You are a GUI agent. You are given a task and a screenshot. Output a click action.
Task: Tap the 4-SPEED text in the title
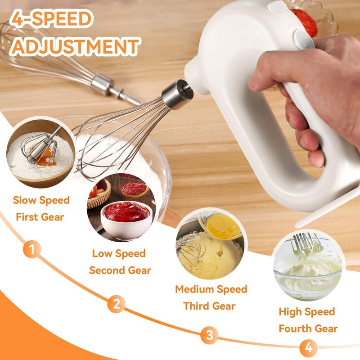[52, 19]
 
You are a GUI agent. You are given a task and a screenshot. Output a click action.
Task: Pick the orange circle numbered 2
[117, 304]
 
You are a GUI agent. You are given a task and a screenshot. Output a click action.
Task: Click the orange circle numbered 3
[209, 334]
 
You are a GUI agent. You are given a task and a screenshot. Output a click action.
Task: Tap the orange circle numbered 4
[308, 347]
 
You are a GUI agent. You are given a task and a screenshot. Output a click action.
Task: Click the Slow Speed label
[41, 200]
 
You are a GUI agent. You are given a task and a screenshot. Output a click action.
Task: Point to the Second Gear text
[120, 270]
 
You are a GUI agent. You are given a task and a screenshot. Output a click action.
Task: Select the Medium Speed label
[211, 289]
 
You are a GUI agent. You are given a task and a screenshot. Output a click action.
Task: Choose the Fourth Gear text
[308, 328]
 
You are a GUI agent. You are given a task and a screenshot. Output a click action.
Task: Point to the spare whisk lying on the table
[58, 58]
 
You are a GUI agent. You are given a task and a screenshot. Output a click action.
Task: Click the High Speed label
[307, 312]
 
